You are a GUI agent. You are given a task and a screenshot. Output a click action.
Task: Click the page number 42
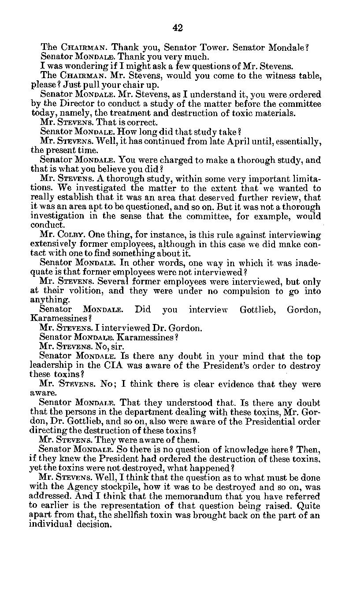click(178, 28)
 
